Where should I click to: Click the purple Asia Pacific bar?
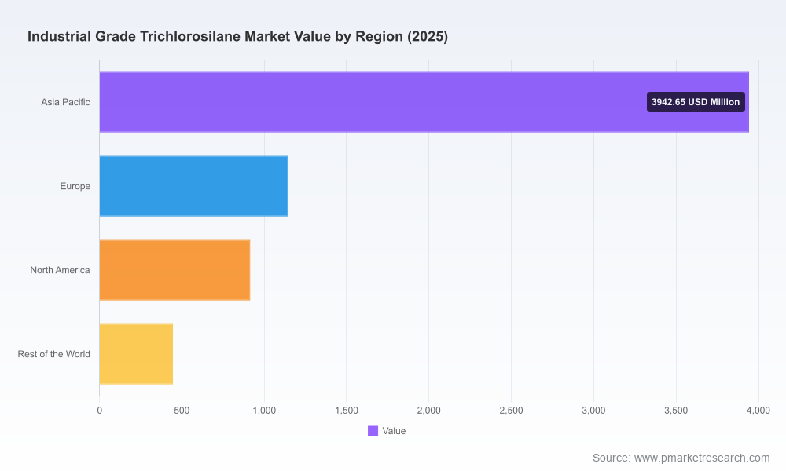click(424, 102)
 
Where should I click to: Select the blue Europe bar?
click(193, 186)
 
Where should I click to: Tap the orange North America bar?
click(174, 270)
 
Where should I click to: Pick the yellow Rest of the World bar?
click(136, 354)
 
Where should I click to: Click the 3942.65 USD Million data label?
click(696, 102)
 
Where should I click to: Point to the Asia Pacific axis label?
click(66, 102)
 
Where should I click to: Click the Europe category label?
click(75, 186)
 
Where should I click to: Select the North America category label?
click(61, 270)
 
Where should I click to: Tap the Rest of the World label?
click(54, 354)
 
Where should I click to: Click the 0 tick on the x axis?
click(99, 411)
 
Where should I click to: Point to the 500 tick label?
click(182, 411)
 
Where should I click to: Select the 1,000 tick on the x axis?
click(264, 411)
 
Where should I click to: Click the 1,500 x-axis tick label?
click(347, 411)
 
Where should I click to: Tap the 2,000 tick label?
click(429, 411)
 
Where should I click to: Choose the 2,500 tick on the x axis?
click(512, 411)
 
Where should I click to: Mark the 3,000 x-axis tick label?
click(593, 411)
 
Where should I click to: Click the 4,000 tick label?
click(758, 411)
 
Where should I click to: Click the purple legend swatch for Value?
click(373, 431)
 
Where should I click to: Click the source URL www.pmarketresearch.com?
click(702, 458)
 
